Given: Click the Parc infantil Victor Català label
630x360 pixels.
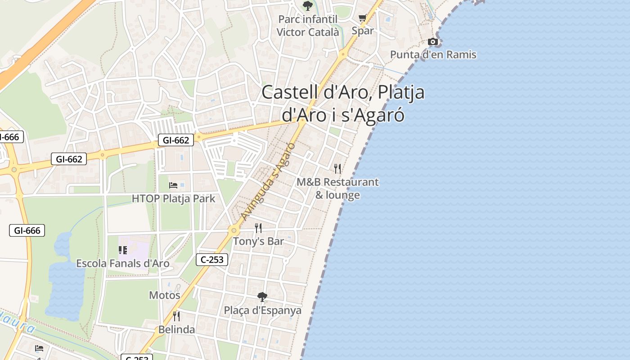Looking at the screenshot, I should point(308,26).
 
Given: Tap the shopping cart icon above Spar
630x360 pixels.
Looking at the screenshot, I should point(363,18).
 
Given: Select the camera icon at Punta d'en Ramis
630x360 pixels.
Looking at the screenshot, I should point(433,42).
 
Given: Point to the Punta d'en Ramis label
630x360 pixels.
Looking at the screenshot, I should point(433,55).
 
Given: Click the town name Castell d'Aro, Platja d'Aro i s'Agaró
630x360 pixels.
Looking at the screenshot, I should point(343,103).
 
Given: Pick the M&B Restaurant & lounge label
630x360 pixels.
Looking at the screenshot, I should point(337,189).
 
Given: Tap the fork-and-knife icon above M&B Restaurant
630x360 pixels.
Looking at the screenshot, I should point(337,169).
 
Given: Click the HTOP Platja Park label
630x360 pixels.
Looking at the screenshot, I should point(174,198).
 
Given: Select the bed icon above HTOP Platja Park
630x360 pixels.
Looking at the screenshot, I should point(173,185).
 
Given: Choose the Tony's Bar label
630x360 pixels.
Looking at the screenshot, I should point(258,241).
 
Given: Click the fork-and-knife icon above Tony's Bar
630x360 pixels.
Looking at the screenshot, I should point(258,228).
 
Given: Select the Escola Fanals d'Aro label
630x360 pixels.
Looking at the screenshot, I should point(123,263).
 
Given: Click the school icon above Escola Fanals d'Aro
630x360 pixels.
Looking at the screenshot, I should point(123,250).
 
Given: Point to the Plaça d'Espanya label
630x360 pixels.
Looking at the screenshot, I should point(263,310).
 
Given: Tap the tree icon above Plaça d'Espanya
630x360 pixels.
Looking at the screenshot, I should point(262,297).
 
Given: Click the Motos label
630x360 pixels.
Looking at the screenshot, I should point(165,295).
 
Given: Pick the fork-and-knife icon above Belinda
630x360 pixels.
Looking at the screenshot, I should point(176,316).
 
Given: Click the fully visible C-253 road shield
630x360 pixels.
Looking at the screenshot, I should point(212,260).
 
